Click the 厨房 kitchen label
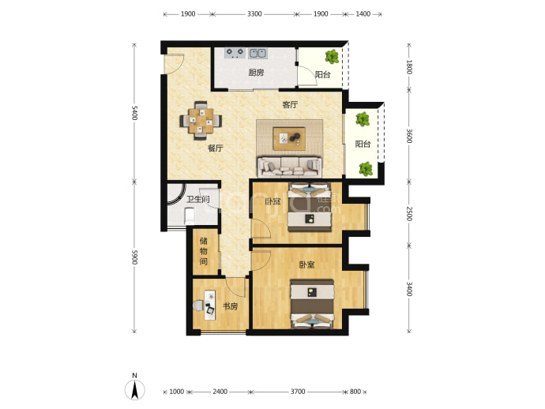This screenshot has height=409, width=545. (x=256, y=73)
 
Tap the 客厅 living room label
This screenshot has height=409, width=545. (x=290, y=104)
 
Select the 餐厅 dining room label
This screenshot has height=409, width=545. (x=215, y=148)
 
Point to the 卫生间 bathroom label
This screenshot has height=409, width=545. (x=198, y=200)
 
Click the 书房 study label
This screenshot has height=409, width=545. (x=230, y=306)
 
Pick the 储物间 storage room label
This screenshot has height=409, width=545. (x=204, y=251)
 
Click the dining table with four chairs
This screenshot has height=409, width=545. (x=201, y=121)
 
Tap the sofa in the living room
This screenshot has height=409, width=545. (x=289, y=167)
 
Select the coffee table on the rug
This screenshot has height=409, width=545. (x=289, y=139)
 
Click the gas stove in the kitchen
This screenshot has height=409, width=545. (x=235, y=53)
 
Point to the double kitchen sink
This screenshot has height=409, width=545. (x=258, y=53)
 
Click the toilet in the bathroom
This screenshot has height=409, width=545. (x=190, y=216)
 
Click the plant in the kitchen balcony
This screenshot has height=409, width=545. (x=332, y=56)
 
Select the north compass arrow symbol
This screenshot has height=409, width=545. (x=135, y=390)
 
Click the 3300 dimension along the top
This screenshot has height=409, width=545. (x=254, y=14)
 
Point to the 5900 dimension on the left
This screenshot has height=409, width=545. (x=135, y=257)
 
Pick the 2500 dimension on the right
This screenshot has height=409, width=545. (x=409, y=214)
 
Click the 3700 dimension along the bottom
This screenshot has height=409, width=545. (x=298, y=392)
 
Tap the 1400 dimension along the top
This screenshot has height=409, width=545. (x=363, y=14)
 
